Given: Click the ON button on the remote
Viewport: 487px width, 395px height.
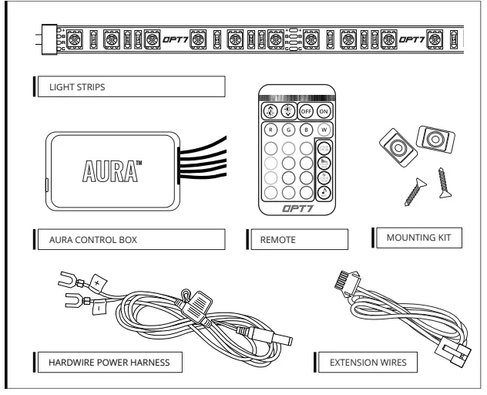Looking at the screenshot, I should [x=323, y=110].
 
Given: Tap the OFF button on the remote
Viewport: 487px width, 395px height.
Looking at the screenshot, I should [x=305, y=110].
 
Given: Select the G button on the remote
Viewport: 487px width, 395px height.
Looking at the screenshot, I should [x=287, y=130].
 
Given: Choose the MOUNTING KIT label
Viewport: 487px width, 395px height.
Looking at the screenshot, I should [x=418, y=238].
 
